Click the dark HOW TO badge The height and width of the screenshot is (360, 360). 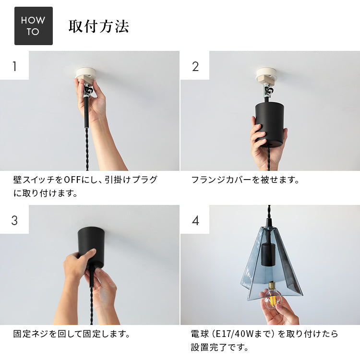(34, 26)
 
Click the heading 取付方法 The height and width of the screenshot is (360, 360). (99, 26)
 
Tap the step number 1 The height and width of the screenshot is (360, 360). (14, 66)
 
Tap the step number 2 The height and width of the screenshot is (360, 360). (195, 67)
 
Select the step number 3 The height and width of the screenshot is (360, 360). (14, 220)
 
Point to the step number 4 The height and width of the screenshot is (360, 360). (195, 221)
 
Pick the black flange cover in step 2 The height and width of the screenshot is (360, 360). (270, 124)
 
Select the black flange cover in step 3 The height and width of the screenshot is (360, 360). (91, 247)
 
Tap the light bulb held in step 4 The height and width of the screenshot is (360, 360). (273, 296)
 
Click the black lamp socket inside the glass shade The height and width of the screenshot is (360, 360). (268, 255)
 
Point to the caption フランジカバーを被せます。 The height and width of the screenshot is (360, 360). (245, 180)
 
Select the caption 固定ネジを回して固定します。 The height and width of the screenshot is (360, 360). (72, 334)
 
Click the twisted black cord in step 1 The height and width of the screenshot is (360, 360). (87, 149)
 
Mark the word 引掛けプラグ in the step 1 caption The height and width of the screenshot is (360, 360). (131, 180)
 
